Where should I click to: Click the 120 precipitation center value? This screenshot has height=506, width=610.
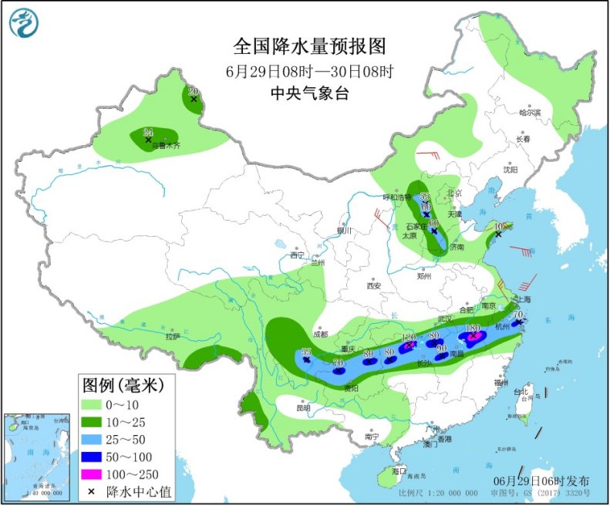pyautogui.click(x=409, y=338)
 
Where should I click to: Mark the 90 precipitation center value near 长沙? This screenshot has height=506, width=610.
pyautogui.click(x=442, y=349)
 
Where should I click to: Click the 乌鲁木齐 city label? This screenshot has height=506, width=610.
pyautogui.click(x=164, y=146)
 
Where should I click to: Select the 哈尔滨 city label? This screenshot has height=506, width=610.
pyautogui.click(x=530, y=113)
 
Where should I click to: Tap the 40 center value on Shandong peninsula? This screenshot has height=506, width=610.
pyautogui.click(x=499, y=226)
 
